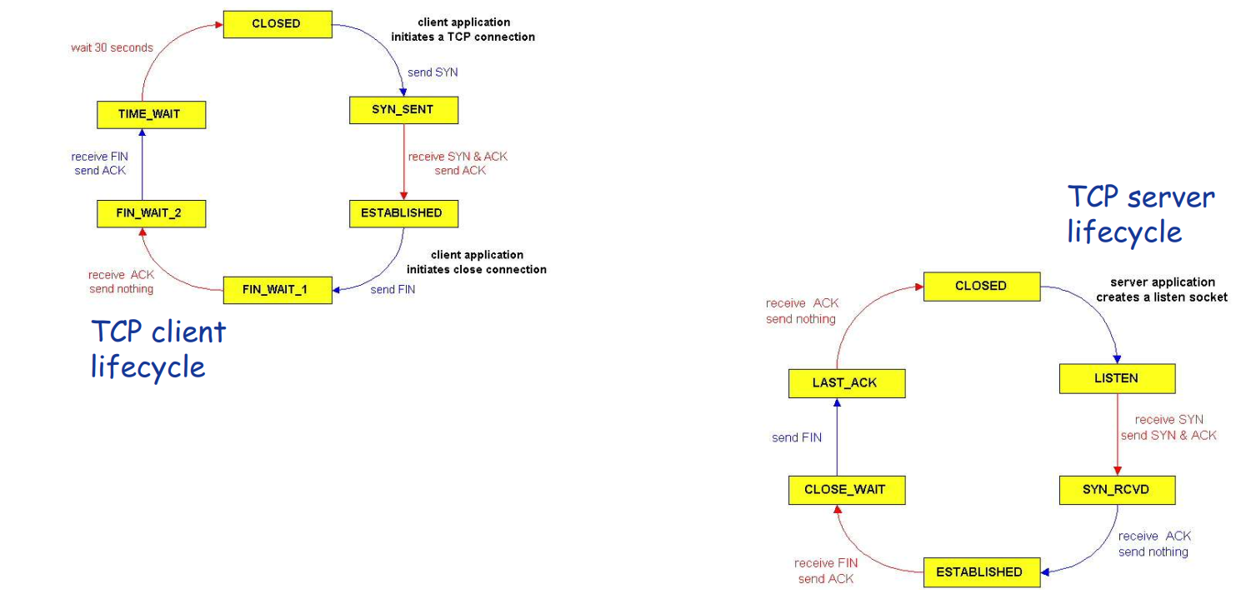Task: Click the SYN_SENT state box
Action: [403, 110]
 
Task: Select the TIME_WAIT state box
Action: [151, 115]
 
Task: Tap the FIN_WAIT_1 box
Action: [277, 290]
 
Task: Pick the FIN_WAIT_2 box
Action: [151, 213]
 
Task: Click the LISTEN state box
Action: [1116, 379]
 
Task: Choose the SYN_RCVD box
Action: [1116, 490]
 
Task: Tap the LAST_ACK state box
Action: [846, 383]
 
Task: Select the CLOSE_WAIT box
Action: [846, 490]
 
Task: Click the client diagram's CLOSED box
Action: [277, 24]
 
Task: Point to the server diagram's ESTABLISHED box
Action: [980, 572]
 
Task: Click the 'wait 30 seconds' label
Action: [112, 47]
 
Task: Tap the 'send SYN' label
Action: [433, 72]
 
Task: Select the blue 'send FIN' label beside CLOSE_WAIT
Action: [797, 437]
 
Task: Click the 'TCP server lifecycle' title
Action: [1140, 214]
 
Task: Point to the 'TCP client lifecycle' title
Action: [158, 348]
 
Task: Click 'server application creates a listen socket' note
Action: [1161, 290]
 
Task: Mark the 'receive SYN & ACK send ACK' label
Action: [458, 163]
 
